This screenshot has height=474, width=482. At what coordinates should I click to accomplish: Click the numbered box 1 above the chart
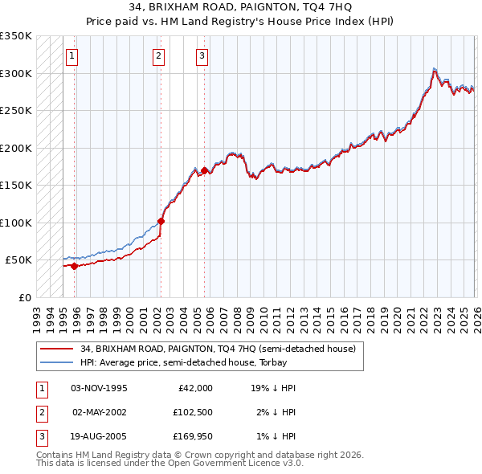coord(72,55)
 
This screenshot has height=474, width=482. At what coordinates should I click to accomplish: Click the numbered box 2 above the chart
coord(159,55)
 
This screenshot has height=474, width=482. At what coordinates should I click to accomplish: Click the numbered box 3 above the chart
coord(202,55)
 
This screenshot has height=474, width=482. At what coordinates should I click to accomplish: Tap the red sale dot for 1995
coord(75,266)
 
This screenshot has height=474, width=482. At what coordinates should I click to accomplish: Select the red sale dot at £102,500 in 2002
coord(161,221)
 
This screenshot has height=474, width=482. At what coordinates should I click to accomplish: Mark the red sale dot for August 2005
coord(205,170)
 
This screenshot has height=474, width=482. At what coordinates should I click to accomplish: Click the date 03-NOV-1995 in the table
coord(99,388)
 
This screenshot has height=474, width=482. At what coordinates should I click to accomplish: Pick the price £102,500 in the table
coord(194,413)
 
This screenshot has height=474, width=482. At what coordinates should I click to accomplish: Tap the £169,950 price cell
coord(194,438)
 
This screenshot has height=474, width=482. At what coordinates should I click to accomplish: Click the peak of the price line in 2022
coord(434,70)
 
